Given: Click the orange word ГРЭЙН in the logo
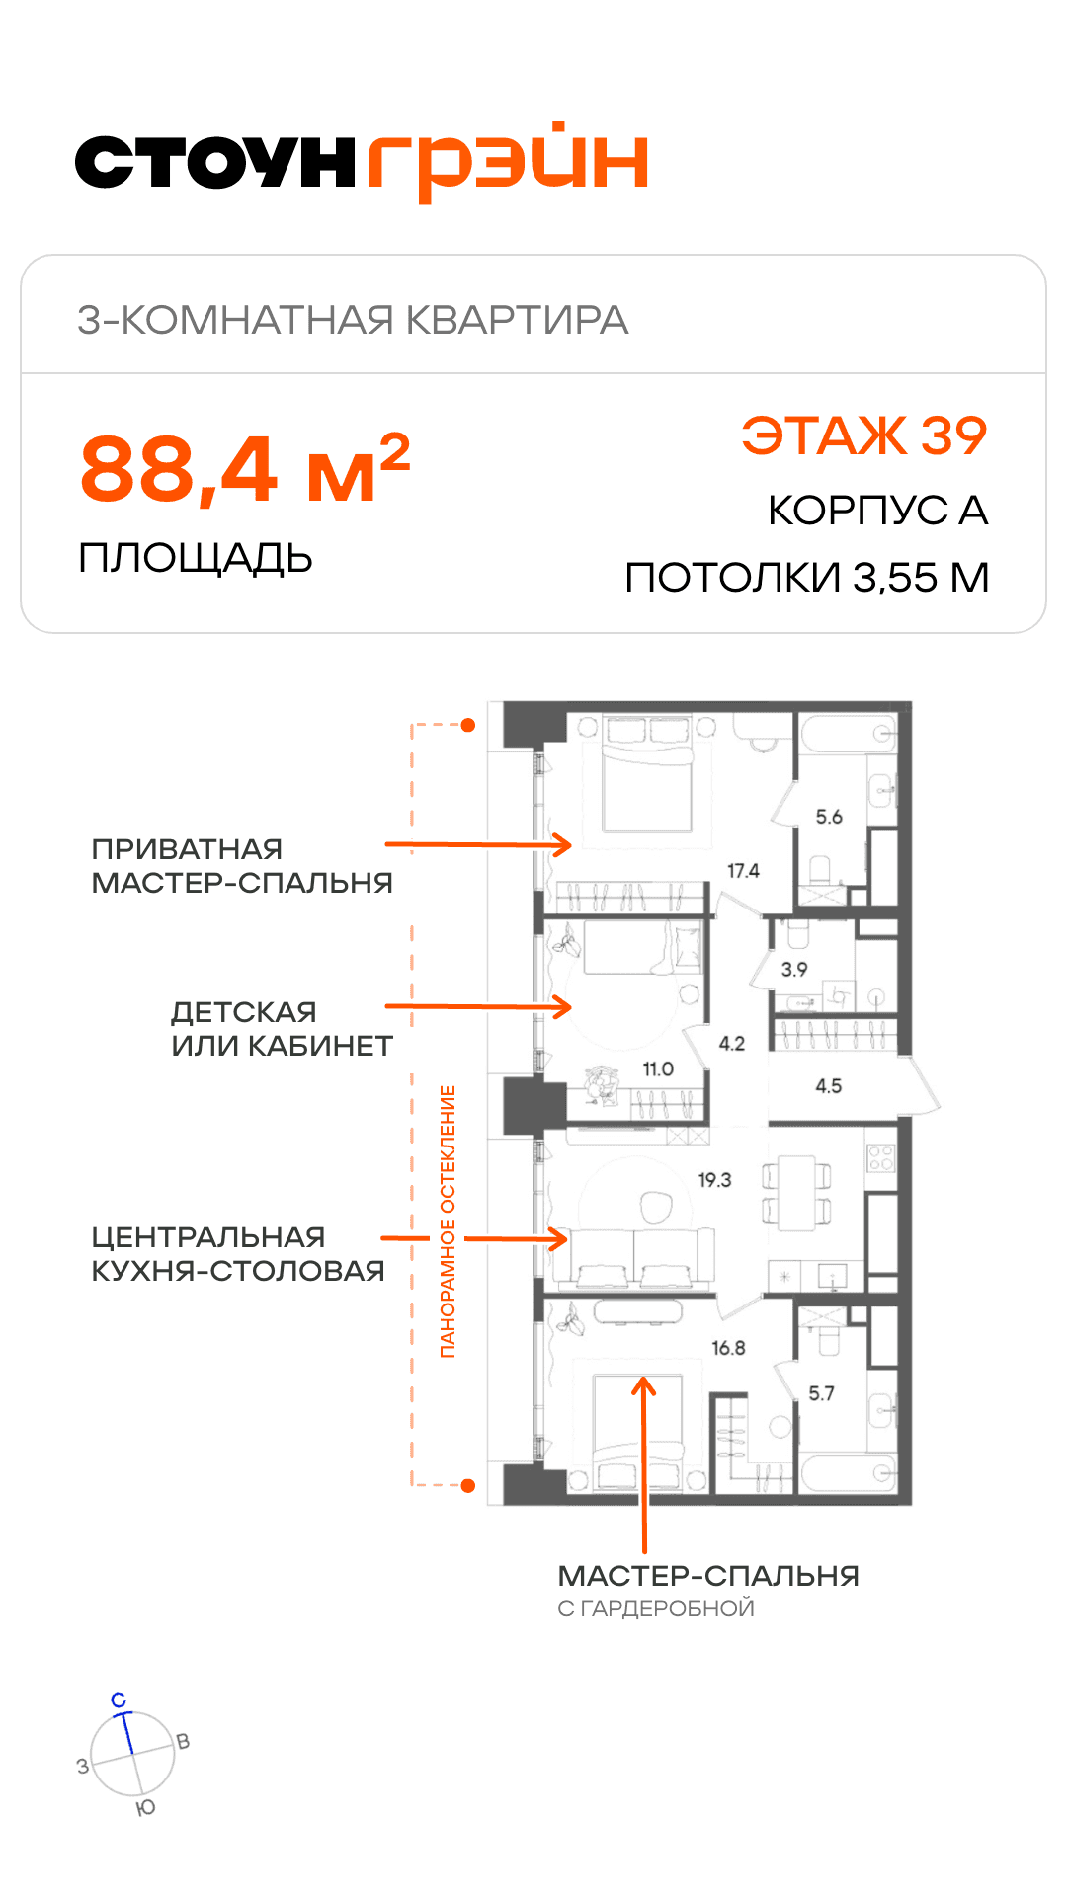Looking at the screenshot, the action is (x=508, y=162).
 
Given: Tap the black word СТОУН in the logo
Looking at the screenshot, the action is (x=215, y=162).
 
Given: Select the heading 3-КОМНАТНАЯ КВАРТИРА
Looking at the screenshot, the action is (x=353, y=320).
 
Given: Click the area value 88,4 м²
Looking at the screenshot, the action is (x=245, y=468).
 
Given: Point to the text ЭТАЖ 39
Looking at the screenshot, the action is (x=864, y=435).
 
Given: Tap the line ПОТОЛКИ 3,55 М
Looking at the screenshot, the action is (x=807, y=578).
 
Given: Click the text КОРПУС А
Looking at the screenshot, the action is (x=878, y=511).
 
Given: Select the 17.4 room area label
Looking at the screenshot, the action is (x=743, y=871).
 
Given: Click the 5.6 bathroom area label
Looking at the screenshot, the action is (x=829, y=817).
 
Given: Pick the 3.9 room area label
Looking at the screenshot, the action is (x=794, y=970).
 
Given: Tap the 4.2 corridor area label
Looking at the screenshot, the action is (x=732, y=1044).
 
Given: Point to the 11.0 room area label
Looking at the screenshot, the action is (x=658, y=1069).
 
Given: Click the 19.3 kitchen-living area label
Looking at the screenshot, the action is (x=714, y=1180).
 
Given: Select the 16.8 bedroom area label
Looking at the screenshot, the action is (x=728, y=1348).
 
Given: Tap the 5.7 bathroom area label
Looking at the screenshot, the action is (x=821, y=1393).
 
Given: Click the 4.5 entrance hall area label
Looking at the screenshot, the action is (x=828, y=1086).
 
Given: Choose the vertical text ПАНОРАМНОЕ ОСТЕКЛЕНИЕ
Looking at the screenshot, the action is (x=448, y=1222).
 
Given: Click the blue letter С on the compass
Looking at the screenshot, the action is (x=119, y=1700).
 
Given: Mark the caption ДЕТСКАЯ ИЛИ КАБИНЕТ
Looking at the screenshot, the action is (x=283, y=1029).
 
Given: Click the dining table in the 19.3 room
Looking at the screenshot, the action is (x=796, y=1193).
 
